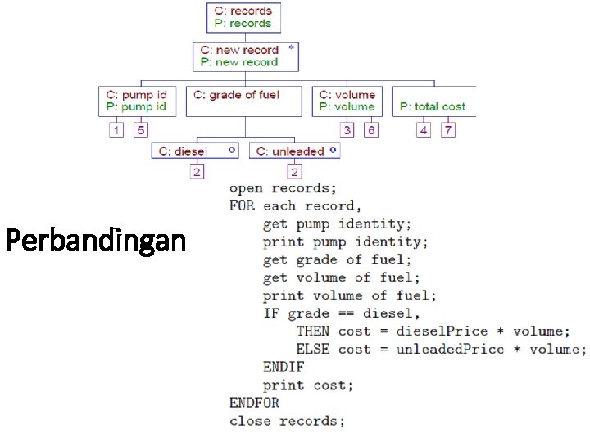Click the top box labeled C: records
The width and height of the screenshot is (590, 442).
[x=243, y=17]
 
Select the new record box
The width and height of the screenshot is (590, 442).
[x=247, y=56]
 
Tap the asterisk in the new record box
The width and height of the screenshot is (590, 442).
[x=291, y=48]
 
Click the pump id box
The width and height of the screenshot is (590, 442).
[x=137, y=101]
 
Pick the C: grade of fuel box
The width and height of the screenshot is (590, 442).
[x=246, y=101]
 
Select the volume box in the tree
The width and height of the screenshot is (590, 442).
[x=348, y=101]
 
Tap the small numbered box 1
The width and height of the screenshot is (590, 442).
[x=116, y=130]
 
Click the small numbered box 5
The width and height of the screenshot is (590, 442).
[x=141, y=130]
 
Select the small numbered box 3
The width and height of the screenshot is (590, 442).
[x=347, y=130]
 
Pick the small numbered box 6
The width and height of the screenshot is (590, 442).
[x=371, y=130]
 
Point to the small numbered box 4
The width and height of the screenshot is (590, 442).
[x=423, y=130]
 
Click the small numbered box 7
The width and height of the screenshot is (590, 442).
[x=447, y=130]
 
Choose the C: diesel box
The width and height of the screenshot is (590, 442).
[x=197, y=151]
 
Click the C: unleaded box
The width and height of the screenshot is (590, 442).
[x=294, y=151]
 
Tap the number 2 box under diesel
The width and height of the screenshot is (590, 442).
[x=197, y=172]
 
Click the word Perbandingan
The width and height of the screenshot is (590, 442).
[x=95, y=241]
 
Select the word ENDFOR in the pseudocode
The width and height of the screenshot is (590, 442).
[x=254, y=403]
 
